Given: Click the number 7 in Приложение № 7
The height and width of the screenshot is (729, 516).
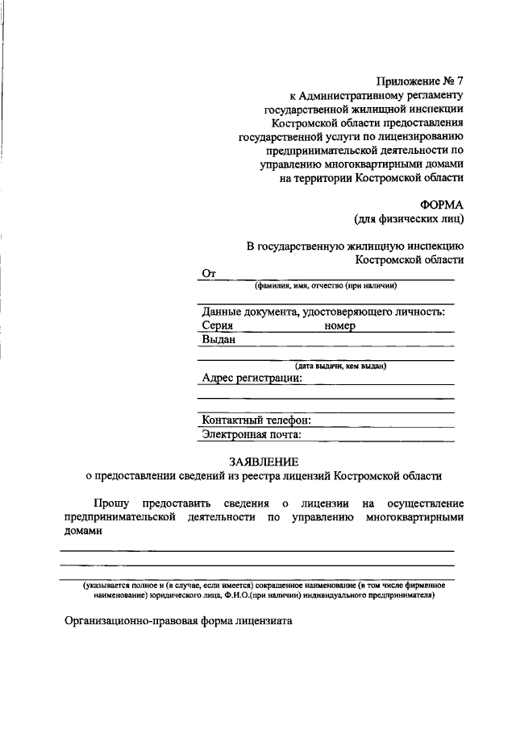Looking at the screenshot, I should pos(460,81).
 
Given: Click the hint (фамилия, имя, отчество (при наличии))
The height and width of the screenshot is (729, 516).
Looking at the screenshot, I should pos(326,286).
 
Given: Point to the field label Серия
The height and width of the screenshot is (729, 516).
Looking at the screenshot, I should pos(218,326).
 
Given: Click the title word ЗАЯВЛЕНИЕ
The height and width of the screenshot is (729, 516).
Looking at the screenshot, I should pos(264,462).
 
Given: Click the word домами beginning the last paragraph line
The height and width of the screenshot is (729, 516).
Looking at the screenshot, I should pos(84,532).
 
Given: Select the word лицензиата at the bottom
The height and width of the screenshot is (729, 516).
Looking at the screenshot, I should pos(263,621).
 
